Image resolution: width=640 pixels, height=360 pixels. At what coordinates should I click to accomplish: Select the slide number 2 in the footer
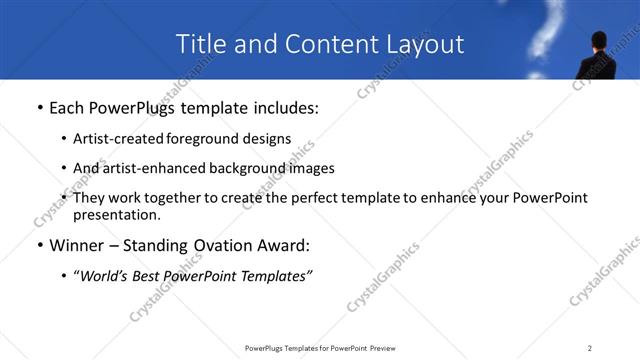coord(590,348)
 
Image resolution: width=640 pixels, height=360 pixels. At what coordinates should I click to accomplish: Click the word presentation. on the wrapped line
coord(116,214)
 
